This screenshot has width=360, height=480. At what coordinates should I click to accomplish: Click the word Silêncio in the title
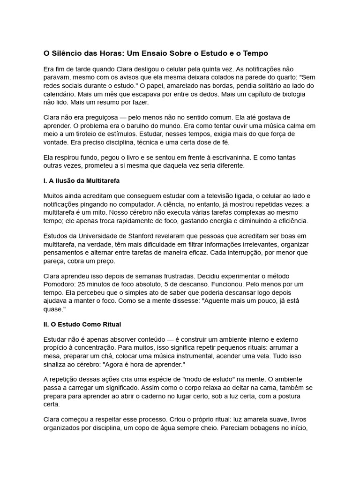[x=67, y=53]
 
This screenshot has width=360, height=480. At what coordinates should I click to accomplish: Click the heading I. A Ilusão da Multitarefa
[x=82, y=180]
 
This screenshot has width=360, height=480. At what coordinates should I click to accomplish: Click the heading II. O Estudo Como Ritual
[x=82, y=324]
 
